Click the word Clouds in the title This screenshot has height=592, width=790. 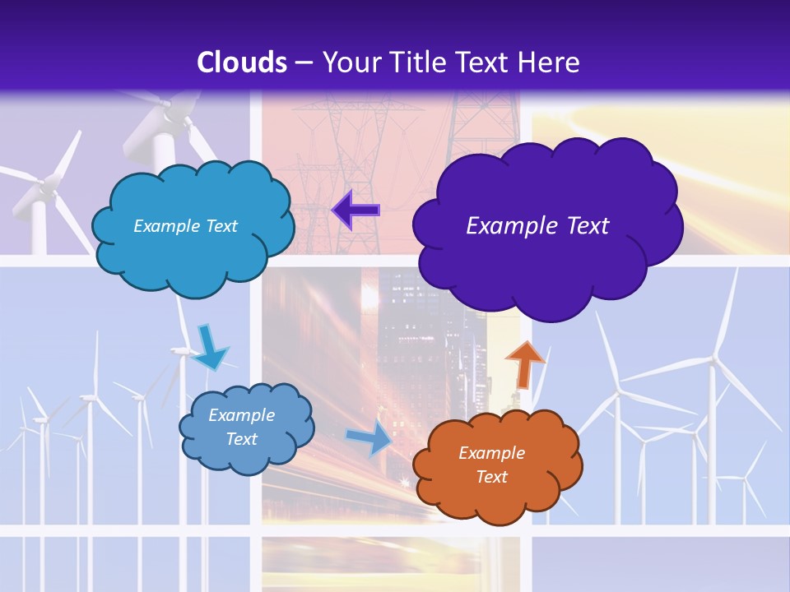242,62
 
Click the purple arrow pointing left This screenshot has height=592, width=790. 355,210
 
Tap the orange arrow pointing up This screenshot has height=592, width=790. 524,363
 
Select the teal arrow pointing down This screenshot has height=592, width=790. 209,348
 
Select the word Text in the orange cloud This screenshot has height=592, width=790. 491,477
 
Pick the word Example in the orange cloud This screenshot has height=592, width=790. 491,453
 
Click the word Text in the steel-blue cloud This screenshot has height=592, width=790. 241,439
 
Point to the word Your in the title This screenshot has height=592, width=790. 345,62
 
